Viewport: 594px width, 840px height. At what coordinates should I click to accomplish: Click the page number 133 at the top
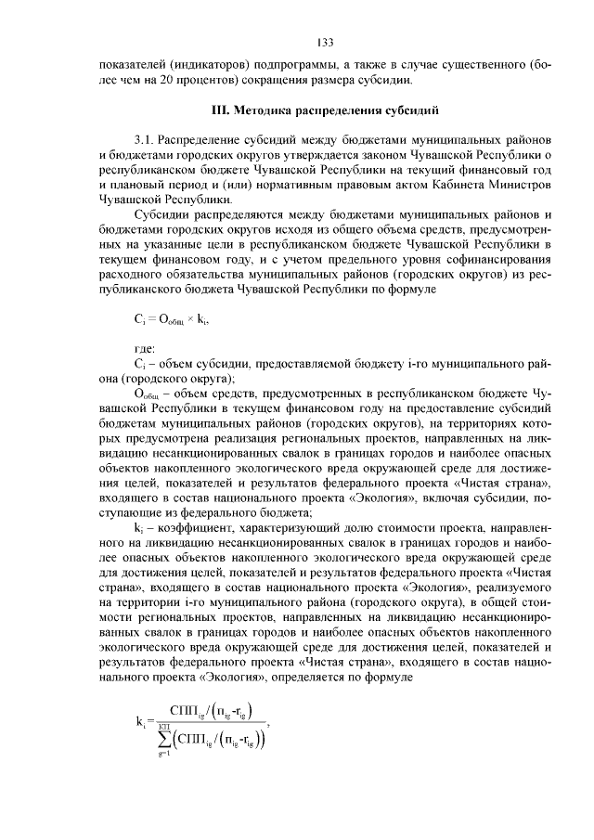(x=325, y=43)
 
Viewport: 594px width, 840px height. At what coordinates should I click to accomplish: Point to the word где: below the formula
(x=146, y=348)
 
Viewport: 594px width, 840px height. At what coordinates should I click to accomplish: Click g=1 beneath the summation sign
(x=163, y=757)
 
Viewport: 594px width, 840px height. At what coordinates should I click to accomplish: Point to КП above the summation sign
(x=164, y=722)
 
